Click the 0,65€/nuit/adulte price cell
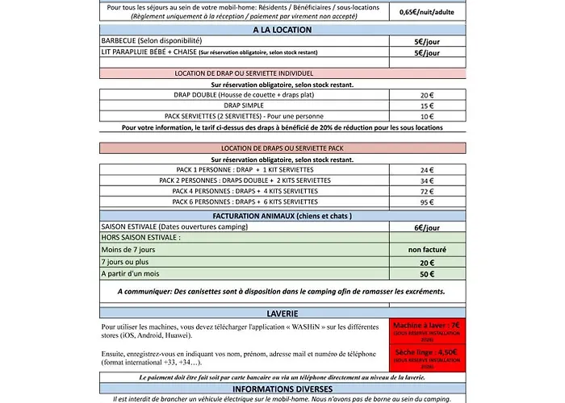(427, 12)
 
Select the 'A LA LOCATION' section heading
(282, 30)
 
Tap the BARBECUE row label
(151, 41)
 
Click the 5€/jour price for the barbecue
(427, 41)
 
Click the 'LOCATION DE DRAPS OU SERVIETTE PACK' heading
(282, 148)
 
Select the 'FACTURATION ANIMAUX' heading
(282, 216)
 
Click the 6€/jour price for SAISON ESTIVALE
(427, 228)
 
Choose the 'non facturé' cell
(427, 251)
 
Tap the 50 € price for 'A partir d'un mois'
(427, 274)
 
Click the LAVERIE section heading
(282, 312)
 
